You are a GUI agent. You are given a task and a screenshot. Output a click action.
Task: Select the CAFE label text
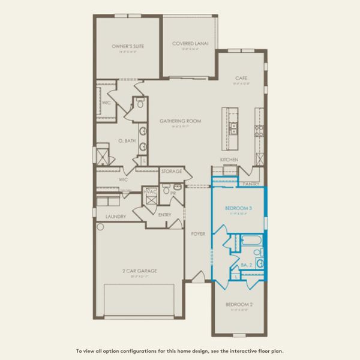pos(241,78)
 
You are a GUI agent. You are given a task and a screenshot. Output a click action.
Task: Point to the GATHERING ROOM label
pos(180,121)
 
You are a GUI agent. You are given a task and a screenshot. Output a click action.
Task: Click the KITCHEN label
pos(229,159)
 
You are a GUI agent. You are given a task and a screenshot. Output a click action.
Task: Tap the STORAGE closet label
pos(172,172)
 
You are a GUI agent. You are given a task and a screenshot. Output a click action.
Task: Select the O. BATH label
pos(127,141)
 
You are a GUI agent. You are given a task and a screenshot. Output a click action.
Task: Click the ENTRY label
pos(165,214)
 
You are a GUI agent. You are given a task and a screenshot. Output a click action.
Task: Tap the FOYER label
pos(198,233)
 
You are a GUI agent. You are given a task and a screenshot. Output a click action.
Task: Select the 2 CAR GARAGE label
pos(139,271)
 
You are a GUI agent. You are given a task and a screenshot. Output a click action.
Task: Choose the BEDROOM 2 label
pos(239,304)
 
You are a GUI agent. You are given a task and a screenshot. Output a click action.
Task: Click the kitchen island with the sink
pos(231,127)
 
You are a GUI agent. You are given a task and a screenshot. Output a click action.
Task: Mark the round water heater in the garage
pos(100,227)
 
